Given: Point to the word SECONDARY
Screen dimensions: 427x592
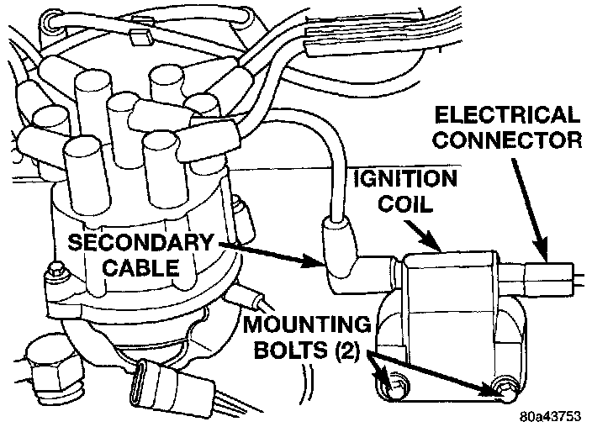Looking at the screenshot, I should coord(141,243).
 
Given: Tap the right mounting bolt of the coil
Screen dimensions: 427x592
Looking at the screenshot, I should coord(505,388).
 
